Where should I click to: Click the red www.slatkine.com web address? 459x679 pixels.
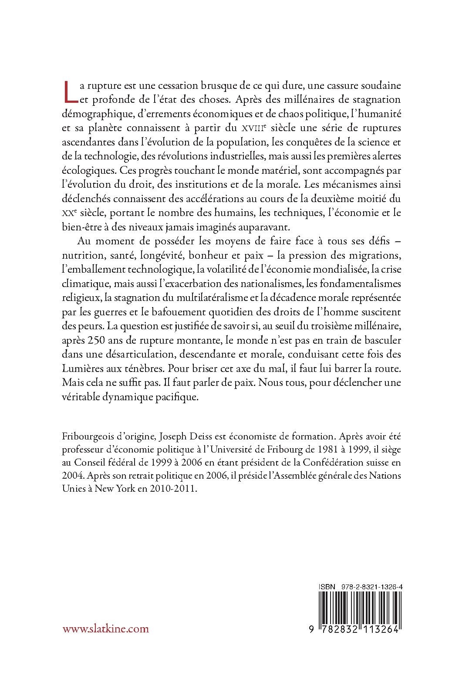click(106, 628)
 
